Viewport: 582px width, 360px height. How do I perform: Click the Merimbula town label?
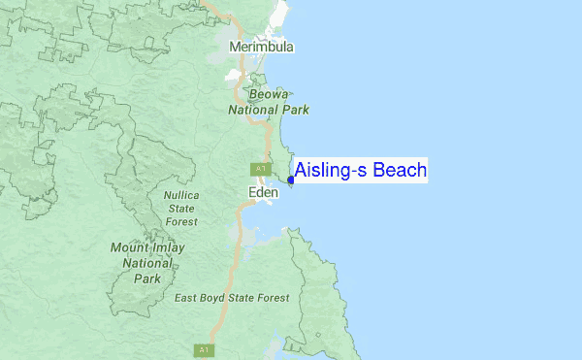261,47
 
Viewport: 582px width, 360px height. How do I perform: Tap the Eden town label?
264,193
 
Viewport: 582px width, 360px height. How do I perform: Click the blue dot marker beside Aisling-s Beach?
291,180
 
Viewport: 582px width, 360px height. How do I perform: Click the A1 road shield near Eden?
260,169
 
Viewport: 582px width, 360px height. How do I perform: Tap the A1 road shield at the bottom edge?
204,350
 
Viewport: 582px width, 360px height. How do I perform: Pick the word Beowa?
268,95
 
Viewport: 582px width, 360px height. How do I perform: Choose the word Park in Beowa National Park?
295,110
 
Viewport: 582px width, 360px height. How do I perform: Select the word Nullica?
181,195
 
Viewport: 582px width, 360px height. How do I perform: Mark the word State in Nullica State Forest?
181,208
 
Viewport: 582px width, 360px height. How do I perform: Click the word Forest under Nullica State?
181,221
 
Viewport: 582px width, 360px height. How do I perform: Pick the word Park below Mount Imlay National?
147,278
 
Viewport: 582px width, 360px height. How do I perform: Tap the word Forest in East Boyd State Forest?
271,298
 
